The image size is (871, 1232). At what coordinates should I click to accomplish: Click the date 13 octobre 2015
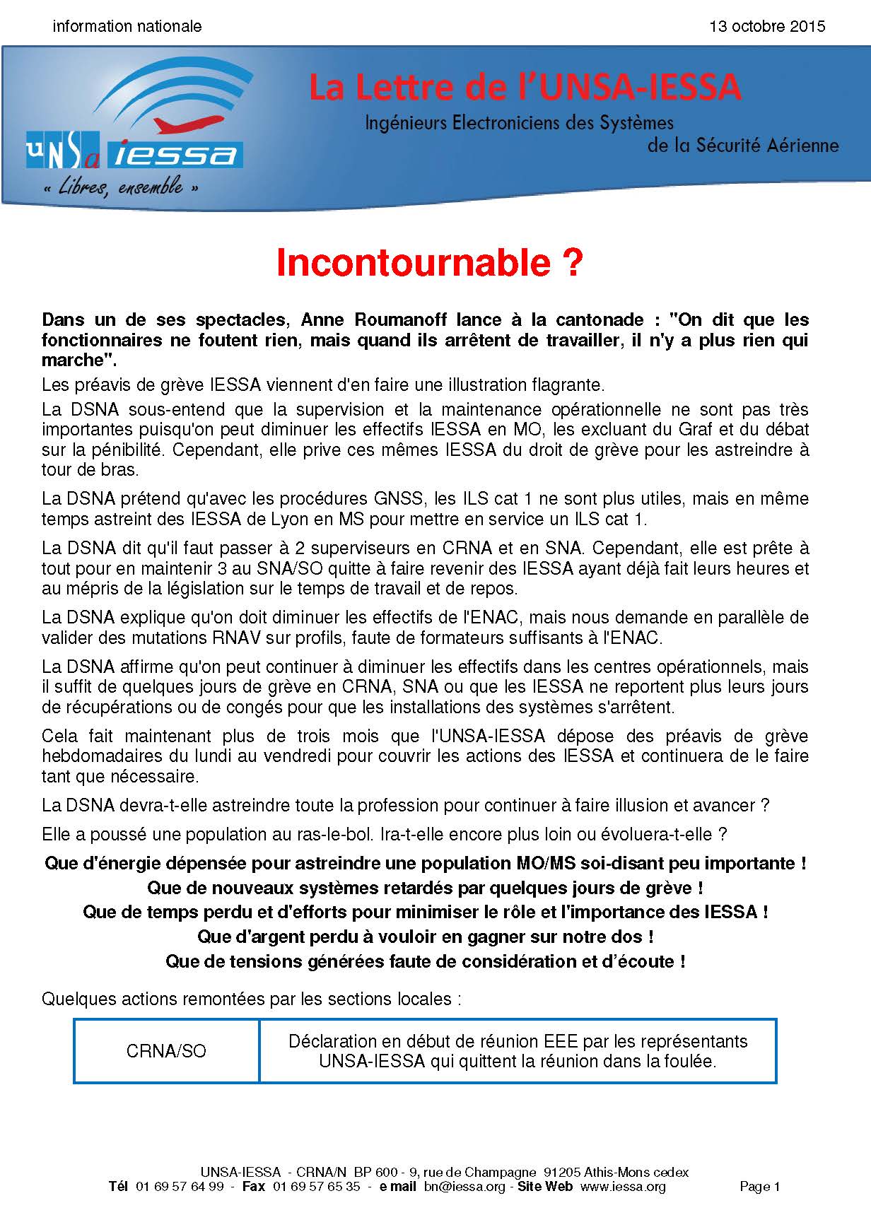(767, 27)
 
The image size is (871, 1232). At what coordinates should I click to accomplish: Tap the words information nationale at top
(127, 27)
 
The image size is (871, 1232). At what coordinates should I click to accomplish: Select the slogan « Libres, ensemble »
(120, 188)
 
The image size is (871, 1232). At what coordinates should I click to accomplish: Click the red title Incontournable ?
(429, 263)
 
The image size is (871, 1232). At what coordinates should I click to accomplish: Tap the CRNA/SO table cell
(166, 1051)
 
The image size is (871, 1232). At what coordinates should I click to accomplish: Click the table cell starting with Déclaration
(518, 1051)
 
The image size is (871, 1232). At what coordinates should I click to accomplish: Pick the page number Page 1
(759, 1187)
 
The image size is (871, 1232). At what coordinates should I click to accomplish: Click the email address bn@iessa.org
(464, 1187)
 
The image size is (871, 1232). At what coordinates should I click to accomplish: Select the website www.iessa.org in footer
(623, 1187)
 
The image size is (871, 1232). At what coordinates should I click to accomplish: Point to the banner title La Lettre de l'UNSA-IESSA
(525, 88)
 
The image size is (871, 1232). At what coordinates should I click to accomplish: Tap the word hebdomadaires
(102, 756)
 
